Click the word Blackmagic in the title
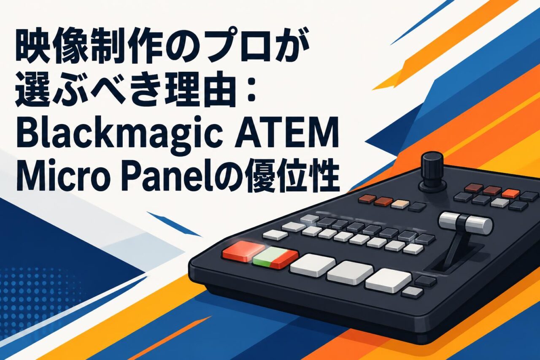tap(119, 136)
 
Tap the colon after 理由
tap(251, 90)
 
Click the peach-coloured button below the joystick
tap(400, 204)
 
